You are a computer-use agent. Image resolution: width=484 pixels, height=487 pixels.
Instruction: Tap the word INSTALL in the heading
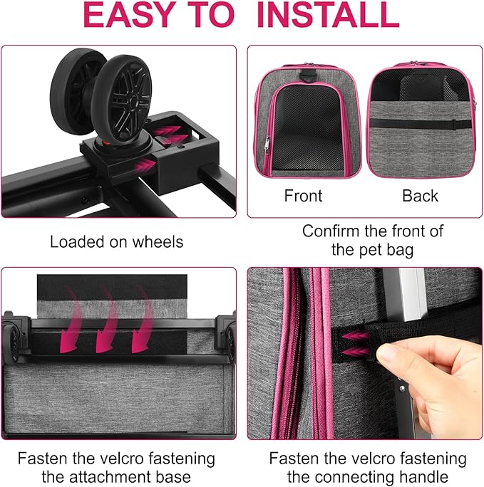pyautogui.click(x=327, y=16)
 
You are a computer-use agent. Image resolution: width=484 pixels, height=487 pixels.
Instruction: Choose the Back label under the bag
pyautogui.click(x=420, y=195)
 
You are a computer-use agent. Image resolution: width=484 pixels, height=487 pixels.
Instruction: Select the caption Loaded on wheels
pyautogui.click(x=116, y=242)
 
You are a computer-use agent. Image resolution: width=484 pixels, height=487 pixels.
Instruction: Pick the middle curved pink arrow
pyautogui.click(x=106, y=320)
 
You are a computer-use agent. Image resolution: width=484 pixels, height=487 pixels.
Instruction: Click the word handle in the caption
pyautogui.click(x=426, y=477)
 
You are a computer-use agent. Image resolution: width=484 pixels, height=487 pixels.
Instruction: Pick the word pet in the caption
pyautogui.click(x=363, y=250)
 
